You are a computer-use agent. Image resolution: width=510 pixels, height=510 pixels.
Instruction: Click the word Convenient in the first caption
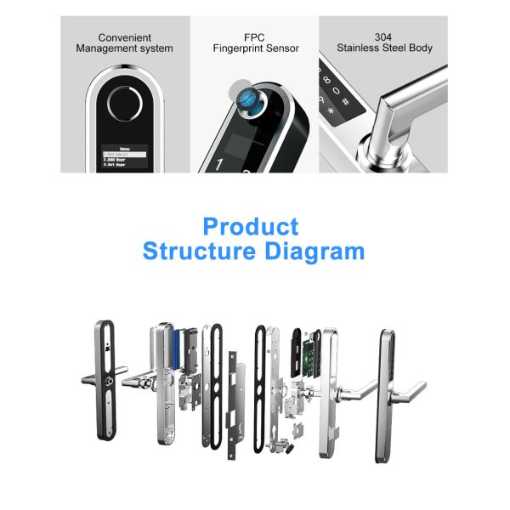coord(125,37)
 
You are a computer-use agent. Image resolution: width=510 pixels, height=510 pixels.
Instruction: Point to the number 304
coord(383,37)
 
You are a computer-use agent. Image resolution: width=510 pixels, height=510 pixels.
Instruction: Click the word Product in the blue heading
coord(251,227)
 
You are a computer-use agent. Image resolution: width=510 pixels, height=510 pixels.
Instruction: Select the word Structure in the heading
coord(201,252)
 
